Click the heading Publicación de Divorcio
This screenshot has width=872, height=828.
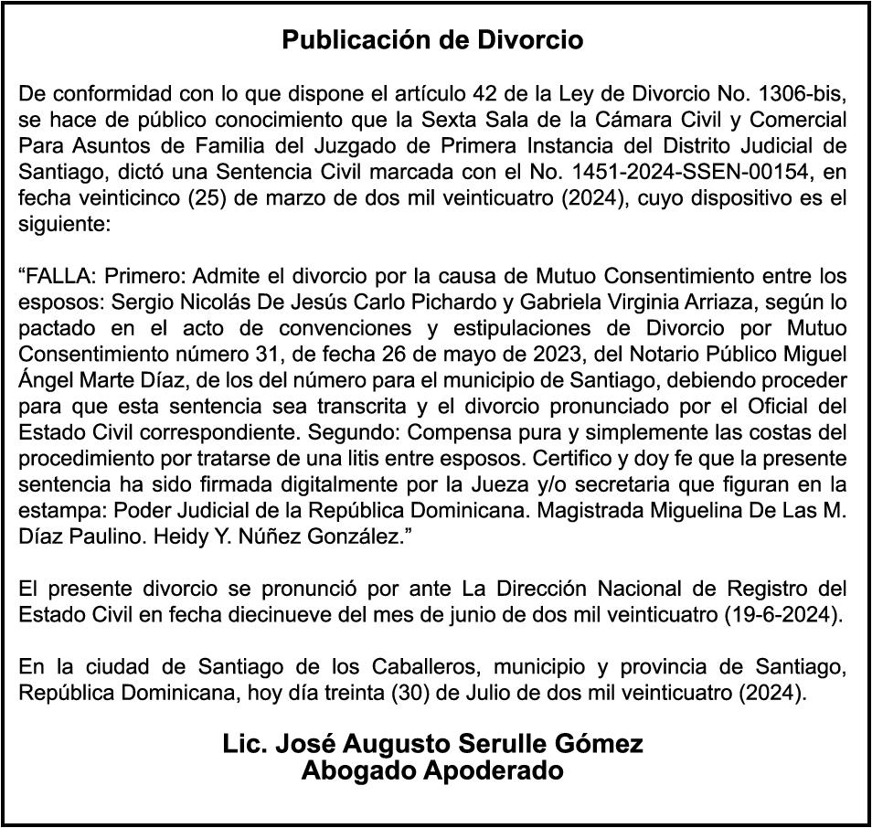click(432, 41)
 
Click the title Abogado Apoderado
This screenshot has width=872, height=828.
click(432, 771)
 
